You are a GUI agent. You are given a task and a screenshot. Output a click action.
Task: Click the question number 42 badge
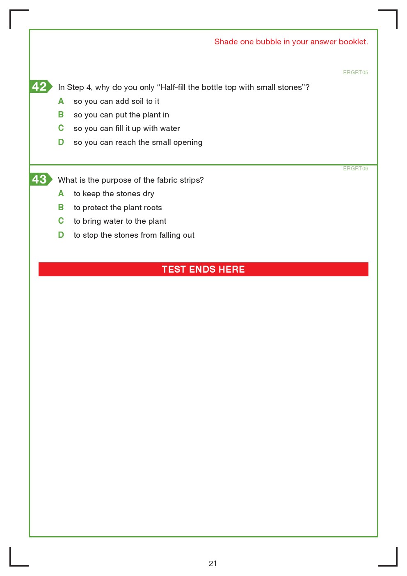tap(40, 87)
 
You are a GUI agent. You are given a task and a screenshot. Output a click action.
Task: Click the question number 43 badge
tap(40, 179)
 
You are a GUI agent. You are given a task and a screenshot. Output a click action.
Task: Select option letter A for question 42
tap(61, 101)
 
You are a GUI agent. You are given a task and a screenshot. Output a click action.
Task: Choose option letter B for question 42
tap(61, 115)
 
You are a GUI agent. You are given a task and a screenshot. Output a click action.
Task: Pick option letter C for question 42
tap(61, 128)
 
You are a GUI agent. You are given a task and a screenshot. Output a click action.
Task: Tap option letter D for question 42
tap(61, 142)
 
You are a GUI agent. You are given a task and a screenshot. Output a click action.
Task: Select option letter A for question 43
tap(61, 193)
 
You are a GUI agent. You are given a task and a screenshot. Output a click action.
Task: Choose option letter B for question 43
tap(61, 207)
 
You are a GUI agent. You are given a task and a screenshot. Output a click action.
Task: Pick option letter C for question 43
tap(61, 221)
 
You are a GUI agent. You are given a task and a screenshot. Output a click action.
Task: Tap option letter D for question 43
tap(61, 235)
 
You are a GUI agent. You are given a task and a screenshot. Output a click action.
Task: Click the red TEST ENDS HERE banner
tap(203, 269)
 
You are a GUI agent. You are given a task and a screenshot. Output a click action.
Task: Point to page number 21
tap(213, 563)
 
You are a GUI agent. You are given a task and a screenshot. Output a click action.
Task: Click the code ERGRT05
tap(355, 73)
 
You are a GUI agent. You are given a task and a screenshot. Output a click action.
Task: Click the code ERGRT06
tap(355, 169)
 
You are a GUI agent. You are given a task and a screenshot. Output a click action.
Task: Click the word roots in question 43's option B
tap(153, 208)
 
